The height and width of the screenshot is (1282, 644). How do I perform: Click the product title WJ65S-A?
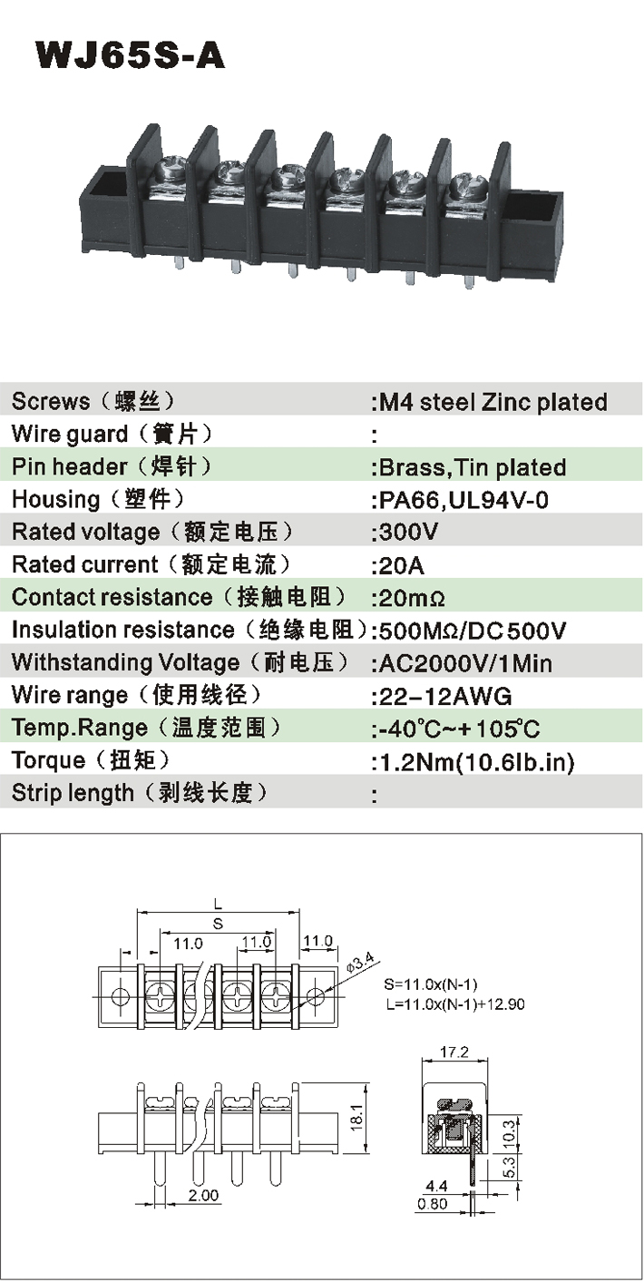130,55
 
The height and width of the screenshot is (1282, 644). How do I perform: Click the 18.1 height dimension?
356,1115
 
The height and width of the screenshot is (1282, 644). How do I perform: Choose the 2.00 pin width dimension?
204,1196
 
